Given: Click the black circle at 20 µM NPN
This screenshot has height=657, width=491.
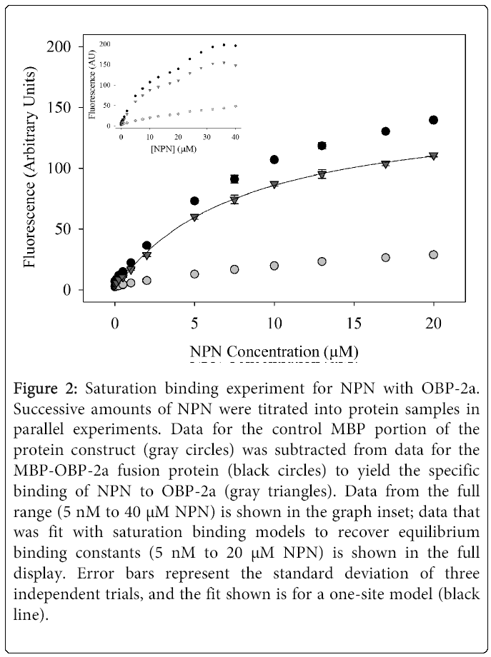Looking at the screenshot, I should [433, 120].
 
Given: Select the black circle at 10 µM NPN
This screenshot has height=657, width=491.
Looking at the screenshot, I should [274, 159].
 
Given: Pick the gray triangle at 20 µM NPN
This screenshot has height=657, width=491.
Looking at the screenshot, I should [433, 156].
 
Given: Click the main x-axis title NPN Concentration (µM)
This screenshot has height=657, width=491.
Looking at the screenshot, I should [274, 351].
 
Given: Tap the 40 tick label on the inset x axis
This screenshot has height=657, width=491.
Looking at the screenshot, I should [235, 136].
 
